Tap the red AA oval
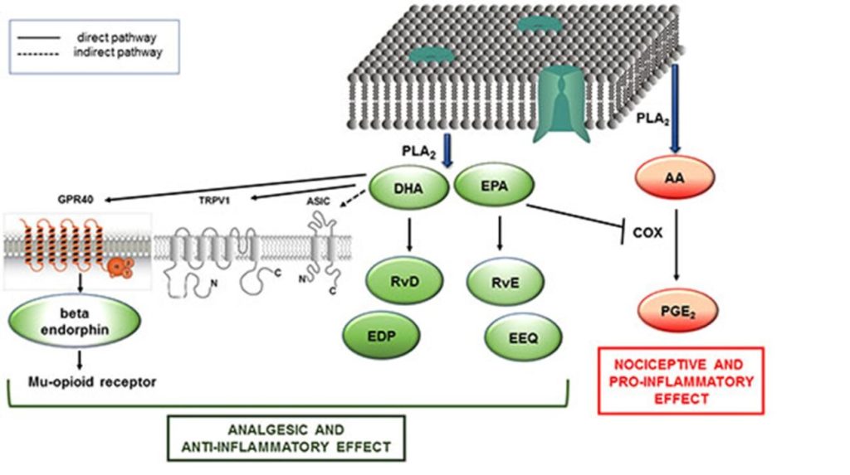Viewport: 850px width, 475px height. tap(677, 177)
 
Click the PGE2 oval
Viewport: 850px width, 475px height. tap(676, 314)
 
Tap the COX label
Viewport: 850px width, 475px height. tap(647, 233)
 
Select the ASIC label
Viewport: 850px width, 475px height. tap(319, 199)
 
